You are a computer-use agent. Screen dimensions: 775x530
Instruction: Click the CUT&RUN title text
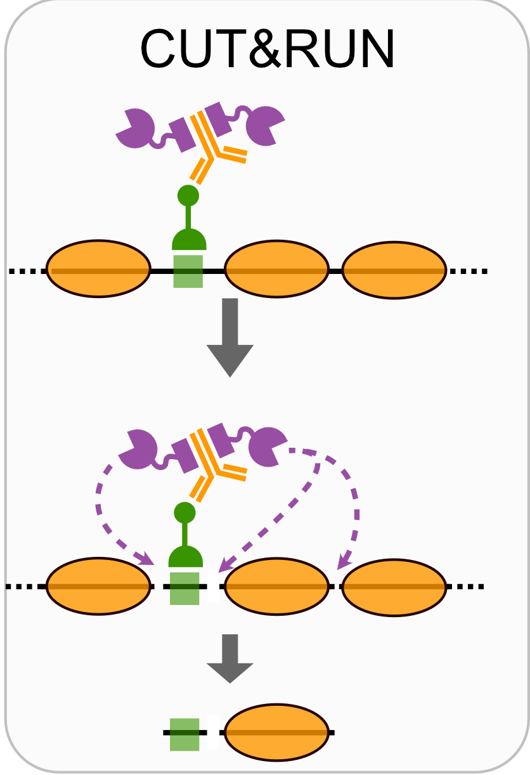click(x=267, y=49)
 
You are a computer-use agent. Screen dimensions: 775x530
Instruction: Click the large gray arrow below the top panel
click(x=230, y=337)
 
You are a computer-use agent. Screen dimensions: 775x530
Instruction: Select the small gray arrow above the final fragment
click(x=230, y=658)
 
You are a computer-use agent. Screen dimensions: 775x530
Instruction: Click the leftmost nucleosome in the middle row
click(x=99, y=587)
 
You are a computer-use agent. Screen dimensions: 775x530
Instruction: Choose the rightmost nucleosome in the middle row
click(x=394, y=587)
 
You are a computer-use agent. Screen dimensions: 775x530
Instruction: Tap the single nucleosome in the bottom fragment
click(x=277, y=733)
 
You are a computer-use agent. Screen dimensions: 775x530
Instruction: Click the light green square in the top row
click(x=188, y=271)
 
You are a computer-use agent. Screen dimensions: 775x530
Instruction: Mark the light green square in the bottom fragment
click(x=185, y=734)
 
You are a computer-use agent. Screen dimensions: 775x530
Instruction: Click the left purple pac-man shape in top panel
click(x=134, y=129)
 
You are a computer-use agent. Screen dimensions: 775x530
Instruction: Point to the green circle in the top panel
click(x=188, y=195)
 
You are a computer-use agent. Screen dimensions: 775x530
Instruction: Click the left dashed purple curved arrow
click(x=101, y=507)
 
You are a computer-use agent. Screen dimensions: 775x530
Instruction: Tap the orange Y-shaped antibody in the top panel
click(x=215, y=143)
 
